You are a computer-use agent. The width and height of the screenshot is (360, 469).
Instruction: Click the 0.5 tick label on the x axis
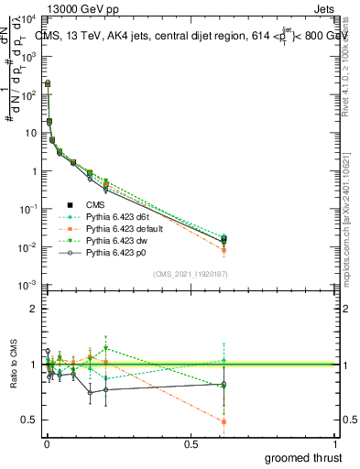coord(191,443)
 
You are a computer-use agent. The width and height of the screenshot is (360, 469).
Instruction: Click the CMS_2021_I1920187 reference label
coord(191,274)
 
